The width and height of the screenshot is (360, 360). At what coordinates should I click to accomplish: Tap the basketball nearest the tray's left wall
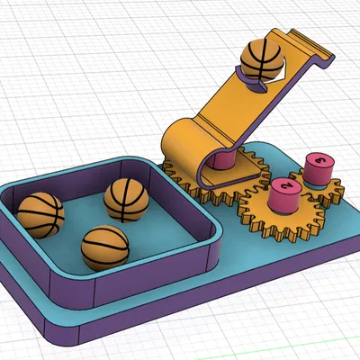click(x=40, y=214)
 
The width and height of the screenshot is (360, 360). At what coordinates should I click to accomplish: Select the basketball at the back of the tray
click(x=125, y=199)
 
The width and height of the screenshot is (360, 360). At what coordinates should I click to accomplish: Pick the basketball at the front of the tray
click(x=104, y=247)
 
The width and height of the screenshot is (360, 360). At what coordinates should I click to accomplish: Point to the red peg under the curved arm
click(x=224, y=161)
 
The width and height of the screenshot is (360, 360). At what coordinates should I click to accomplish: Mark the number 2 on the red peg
click(x=287, y=186)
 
